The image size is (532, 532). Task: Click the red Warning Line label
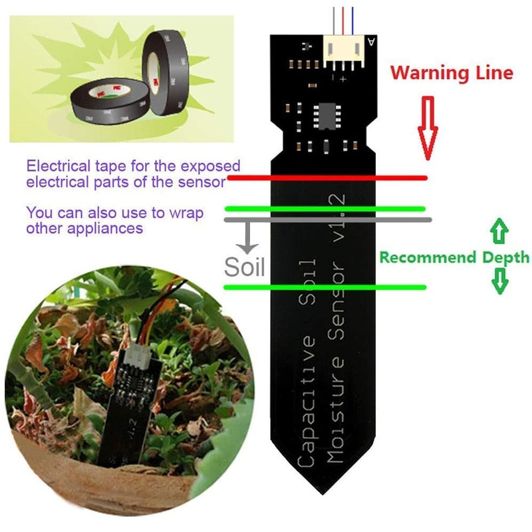point(452,73)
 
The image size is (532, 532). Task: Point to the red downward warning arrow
point(428,128)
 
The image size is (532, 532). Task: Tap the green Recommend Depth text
point(454,257)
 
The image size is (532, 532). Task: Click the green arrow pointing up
point(499,231)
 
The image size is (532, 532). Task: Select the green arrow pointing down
point(500,281)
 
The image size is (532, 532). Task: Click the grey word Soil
point(244,267)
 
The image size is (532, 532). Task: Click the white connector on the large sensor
point(344,52)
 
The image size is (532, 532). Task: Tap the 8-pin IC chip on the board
point(327,116)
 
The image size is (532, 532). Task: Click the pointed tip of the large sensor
point(323,494)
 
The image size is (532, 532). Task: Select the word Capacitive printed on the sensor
point(306,401)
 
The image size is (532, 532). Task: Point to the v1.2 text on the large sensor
point(338,218)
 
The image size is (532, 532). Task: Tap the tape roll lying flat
point(110,100)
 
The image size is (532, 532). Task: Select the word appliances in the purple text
point(105,228)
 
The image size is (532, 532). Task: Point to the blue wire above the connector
point(352,21)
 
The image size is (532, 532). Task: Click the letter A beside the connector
point(372,42)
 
